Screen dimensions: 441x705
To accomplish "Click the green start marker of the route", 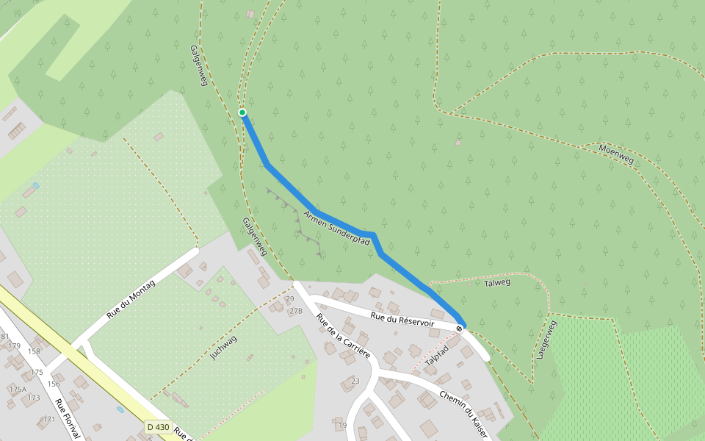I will [242, 112].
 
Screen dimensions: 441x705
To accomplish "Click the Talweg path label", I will [497, 282].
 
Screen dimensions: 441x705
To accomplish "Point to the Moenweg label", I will [615, 154].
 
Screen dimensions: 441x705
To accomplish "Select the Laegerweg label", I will [544, 339].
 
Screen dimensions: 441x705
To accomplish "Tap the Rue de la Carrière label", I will [342, 336].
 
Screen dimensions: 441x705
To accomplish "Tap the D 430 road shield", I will [158, 426].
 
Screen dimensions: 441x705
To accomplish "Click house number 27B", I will [295, 311].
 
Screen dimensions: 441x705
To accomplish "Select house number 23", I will [355, 381].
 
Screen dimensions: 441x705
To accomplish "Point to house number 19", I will [341, 425].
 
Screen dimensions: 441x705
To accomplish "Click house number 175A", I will [18, 389].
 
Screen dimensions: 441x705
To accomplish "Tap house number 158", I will [34, 351].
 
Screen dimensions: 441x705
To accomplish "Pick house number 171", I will [48, 419].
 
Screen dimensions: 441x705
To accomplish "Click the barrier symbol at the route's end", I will [459, 328].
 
